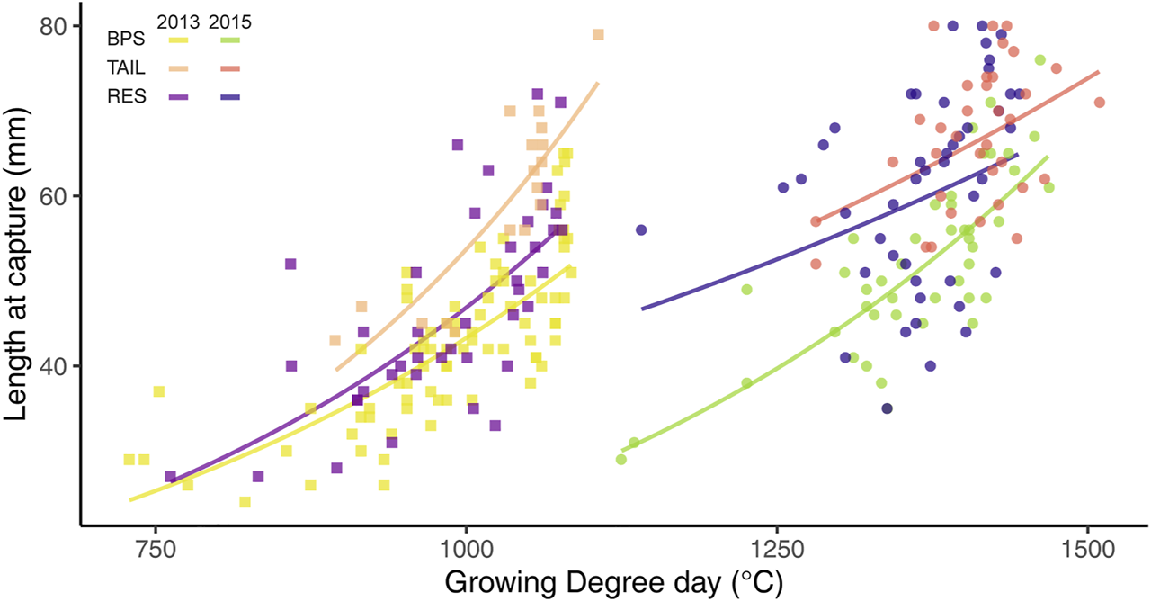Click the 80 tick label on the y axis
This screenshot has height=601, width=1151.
point(54,27)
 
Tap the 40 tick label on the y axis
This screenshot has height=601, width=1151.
point(54,366)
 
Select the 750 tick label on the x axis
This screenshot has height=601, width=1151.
point(156,551)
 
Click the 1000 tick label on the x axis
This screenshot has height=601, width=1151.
point(466,551)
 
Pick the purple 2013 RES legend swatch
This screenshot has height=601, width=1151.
point(177,95)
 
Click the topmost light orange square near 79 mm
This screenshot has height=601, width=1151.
point(598,35)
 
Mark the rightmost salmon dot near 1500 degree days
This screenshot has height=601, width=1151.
point(1099,103)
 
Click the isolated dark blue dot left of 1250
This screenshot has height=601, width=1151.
point(641,230)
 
